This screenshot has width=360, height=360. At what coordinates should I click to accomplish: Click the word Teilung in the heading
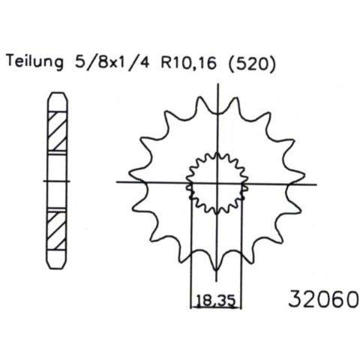tap(35, 61)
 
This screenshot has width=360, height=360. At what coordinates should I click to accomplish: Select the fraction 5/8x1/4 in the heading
tap(112, 61)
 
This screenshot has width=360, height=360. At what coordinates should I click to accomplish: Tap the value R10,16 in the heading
tap(188, 62)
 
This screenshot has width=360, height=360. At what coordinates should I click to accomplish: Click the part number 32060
tap(324, 298)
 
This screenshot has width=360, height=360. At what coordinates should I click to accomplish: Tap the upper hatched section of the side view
tap(57, 131)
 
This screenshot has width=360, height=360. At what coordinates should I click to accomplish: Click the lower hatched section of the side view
tap(57, 231)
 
